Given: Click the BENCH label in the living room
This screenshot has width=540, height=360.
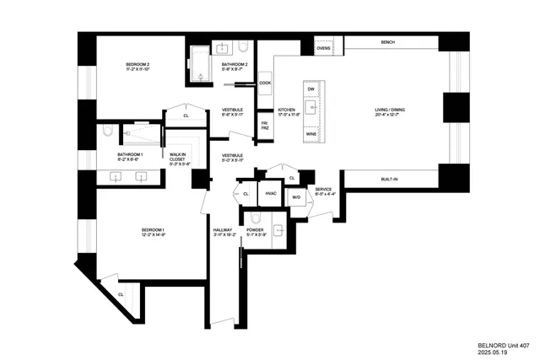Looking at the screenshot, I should [387, 42].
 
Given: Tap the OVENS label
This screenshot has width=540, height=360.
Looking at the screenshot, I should [323, 48].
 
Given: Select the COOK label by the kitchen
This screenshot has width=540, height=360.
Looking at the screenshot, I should [265, 83].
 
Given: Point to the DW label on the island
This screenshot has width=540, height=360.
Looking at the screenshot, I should [311, 89].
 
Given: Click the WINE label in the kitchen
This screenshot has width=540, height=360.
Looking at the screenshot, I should [311, 134].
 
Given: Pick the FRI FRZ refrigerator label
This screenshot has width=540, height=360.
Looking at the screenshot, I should [264, 126].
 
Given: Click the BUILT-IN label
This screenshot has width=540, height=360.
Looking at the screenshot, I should [390, 179].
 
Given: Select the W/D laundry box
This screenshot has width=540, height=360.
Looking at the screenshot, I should [296, 198].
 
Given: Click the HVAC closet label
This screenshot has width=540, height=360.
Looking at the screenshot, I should [271, 193].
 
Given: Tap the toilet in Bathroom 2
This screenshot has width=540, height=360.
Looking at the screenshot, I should [242, 46].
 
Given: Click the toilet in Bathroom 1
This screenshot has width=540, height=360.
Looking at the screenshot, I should [108, 132].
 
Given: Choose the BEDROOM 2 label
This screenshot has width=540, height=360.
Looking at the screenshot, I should [137, 67].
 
